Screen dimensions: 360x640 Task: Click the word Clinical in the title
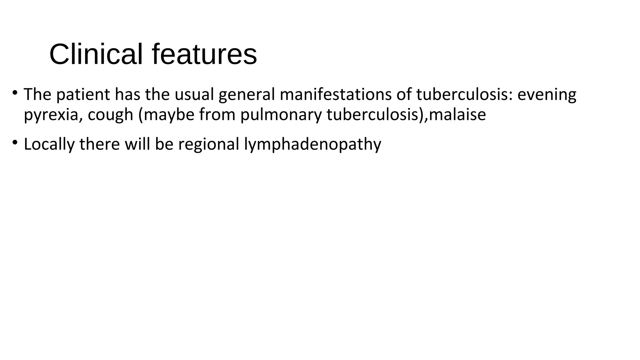[96, 54]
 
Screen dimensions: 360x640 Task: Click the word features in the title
[204, 54]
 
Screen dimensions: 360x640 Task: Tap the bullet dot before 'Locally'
[14, 142]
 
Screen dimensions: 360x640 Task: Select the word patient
[83, 94]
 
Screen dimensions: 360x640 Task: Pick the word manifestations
[336, 94]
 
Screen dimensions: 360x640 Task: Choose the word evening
[547, 95]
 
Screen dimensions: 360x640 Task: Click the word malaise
[457, 114]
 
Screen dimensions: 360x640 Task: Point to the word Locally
[49, 144]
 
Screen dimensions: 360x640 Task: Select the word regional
[208, 144]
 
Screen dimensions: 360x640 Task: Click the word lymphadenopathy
[312, 144]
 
